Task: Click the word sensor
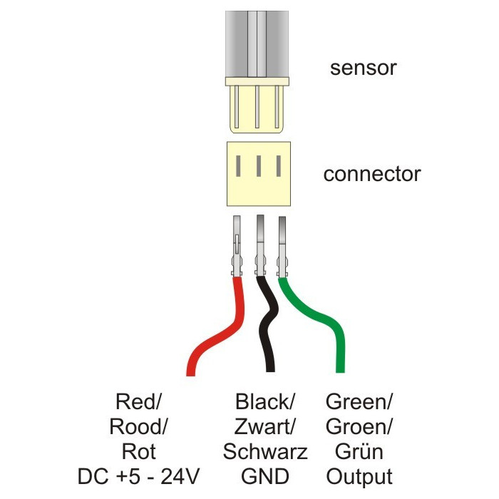(x=363, y=68)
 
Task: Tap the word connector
(x=371, y=174)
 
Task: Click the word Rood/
(x=138, y=428)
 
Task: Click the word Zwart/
(x=265, y=428)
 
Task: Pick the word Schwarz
(x=265, y=452)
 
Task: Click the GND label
(x=265, y=476)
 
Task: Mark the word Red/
(x=138, y=403)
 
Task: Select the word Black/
(x=265, y=403)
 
